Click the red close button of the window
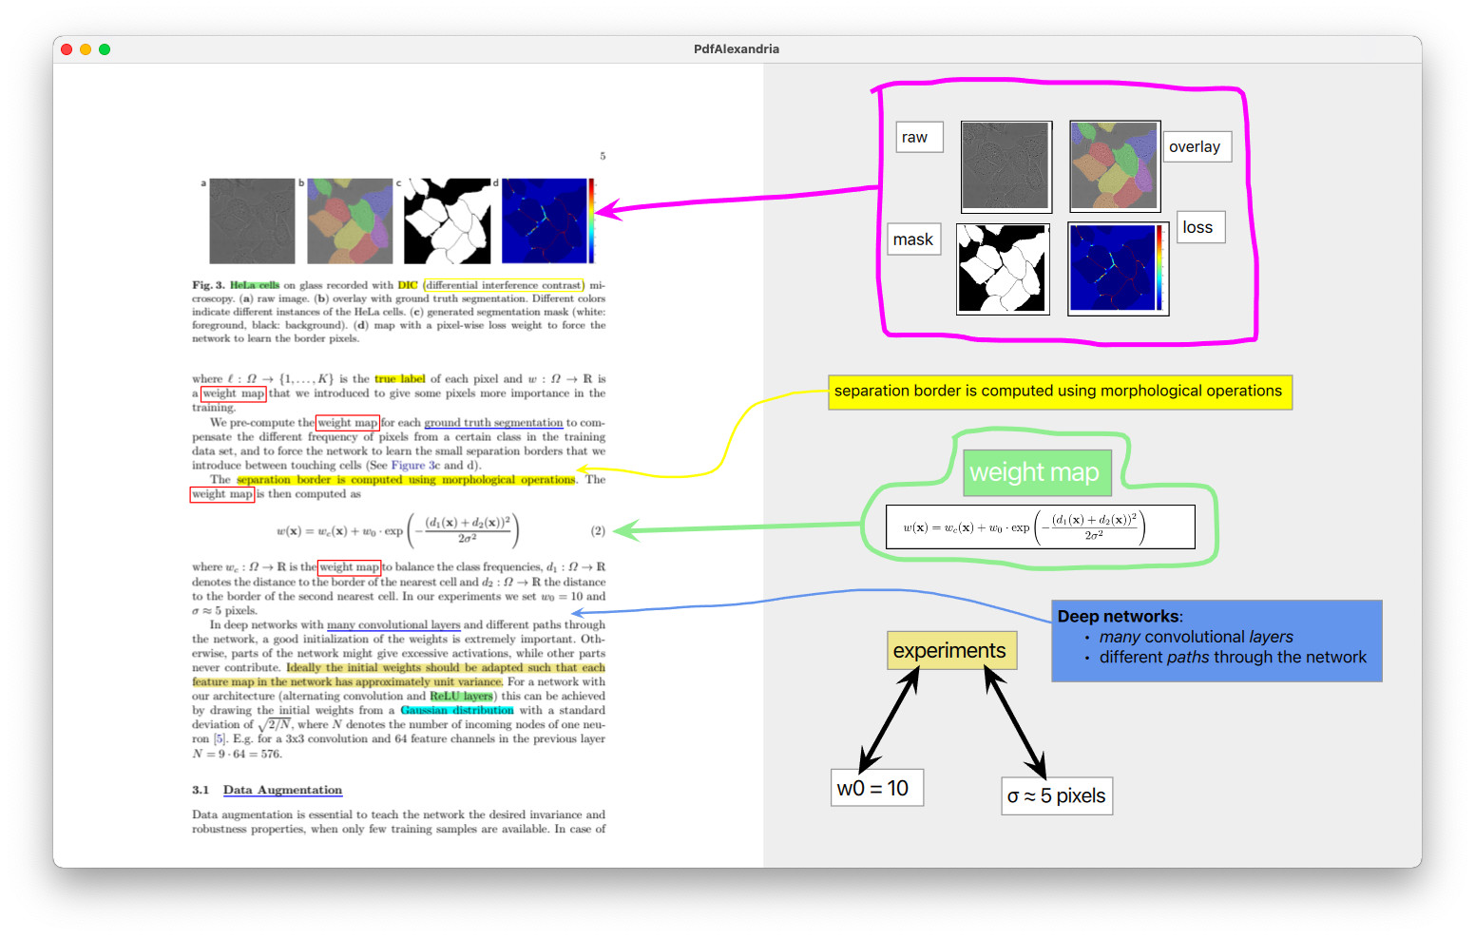click(67, 49)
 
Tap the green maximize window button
click(105, 49)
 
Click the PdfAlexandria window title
click(737, 49)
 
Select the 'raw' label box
click(918, 138)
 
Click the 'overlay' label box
click(1196, 147)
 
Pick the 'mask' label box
click(913, 239)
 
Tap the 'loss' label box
click(1199, 228)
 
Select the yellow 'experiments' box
click(950, 651)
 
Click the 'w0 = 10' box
click(875, 788)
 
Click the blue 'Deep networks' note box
click(1216, 641)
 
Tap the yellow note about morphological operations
click(1059, 392)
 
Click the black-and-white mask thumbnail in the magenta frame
click(1003, 269)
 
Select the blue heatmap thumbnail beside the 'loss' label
click(1118, 269)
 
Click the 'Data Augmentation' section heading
click(282, 791)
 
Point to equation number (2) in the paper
click(598, 531)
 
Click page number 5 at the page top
click(603, 156)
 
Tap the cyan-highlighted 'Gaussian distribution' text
click(457, 711)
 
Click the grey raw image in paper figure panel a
click(252, 220)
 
